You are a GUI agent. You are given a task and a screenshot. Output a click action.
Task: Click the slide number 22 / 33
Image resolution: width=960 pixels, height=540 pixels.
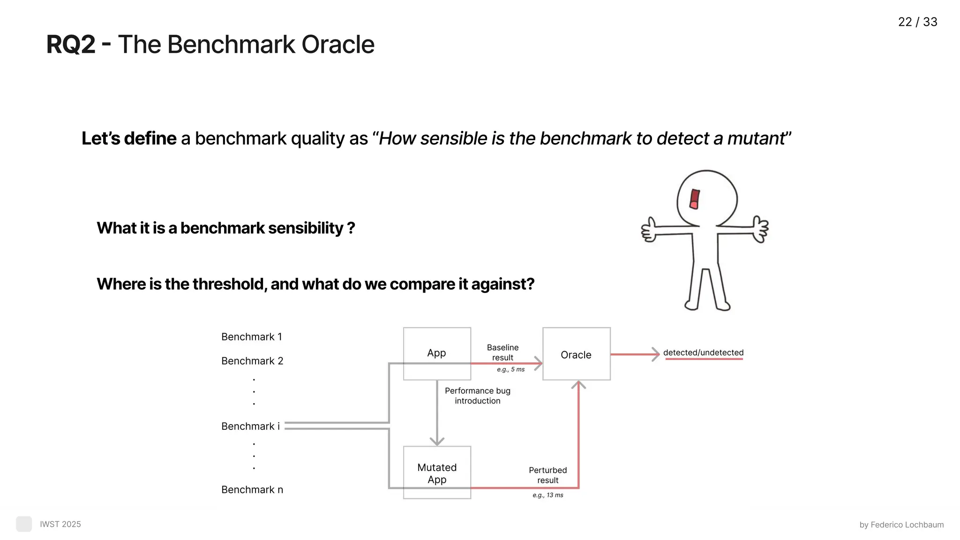917,22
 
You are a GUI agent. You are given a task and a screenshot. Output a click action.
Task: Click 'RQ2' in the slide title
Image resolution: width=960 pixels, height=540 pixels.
71,45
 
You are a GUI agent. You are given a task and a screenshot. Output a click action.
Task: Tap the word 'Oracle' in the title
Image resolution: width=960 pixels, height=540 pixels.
337,45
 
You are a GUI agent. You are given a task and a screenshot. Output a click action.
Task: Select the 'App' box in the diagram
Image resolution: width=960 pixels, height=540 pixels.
436,353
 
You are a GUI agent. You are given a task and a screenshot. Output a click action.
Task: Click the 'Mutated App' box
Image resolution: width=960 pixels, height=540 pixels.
437,473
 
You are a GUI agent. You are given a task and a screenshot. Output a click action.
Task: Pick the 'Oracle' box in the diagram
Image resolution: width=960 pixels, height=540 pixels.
576,355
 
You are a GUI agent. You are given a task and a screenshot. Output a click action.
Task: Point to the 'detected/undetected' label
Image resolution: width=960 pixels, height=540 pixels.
703,352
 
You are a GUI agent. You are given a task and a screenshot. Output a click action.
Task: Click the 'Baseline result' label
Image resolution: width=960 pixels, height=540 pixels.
502,352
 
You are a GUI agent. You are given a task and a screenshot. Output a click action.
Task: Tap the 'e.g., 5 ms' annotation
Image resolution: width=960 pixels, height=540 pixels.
510,369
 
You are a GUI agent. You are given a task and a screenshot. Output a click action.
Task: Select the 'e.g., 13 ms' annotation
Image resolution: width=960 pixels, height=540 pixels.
547,495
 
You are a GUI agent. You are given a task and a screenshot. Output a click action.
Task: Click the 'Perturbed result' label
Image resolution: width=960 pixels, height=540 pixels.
547,475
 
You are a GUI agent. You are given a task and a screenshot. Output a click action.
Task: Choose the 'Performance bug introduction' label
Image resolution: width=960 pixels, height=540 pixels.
477,396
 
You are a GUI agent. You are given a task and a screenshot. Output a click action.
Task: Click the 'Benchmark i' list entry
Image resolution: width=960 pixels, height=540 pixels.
250,426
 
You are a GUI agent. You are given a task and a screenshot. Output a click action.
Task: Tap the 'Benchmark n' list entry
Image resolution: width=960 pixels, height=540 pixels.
252,489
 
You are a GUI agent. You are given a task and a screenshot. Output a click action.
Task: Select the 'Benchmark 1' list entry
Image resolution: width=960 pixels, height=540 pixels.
252,337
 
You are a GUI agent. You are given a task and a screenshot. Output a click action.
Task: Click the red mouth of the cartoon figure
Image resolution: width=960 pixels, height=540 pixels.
695,199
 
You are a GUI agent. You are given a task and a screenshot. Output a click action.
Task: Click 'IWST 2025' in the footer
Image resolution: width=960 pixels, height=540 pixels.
60,524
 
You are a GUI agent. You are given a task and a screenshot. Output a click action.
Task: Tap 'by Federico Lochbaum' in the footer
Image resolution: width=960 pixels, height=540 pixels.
901,525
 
